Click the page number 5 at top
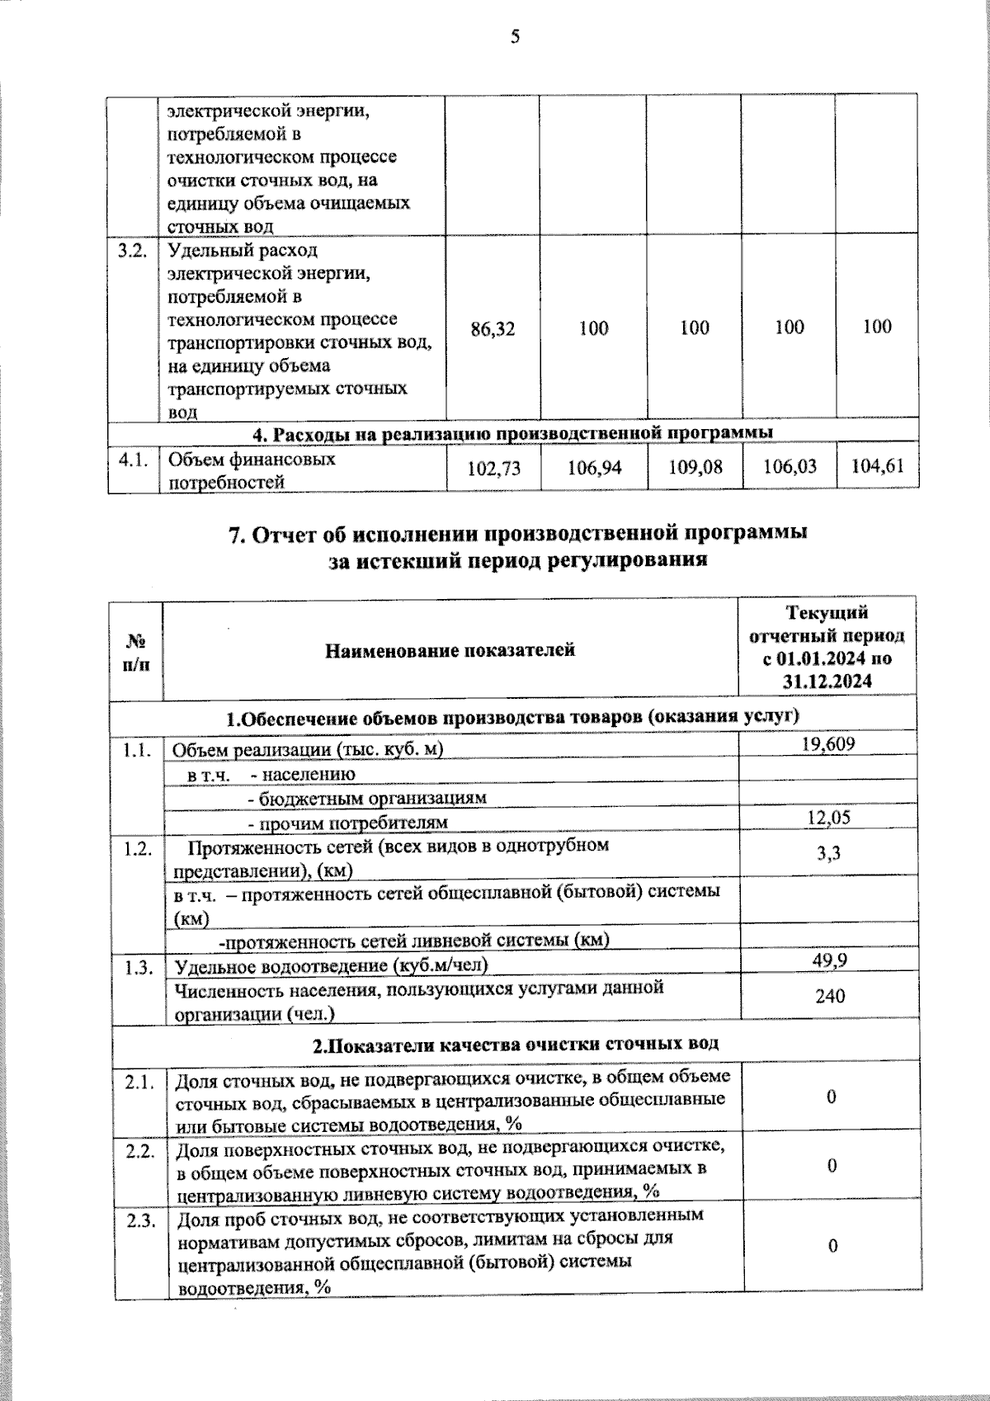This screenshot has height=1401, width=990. [x=515, y=36]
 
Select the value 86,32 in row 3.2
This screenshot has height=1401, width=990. [x=493, y=328]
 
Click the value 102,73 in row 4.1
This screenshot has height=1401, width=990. [x=493, y=468]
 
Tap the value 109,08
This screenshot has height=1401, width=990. [x=695, y=468]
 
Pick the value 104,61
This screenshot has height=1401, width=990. [x=877, y=466]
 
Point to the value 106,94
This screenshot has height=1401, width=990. [x=594, y=468]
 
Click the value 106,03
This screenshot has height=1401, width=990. [x=790, y=467]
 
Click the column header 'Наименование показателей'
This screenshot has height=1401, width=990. [x=450, y=650]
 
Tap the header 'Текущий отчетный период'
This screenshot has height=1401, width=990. [x=827, y=647]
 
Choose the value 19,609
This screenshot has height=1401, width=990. [x=828, y=743]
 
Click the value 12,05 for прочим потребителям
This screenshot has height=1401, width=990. [x=828, y=818]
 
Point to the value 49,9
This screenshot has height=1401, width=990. [x=829, y=960]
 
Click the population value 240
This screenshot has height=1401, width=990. [x=829, y=996]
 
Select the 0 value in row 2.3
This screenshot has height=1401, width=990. [x=832, y=1245]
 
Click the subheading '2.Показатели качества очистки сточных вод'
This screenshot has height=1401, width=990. [x=515, y=1043]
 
